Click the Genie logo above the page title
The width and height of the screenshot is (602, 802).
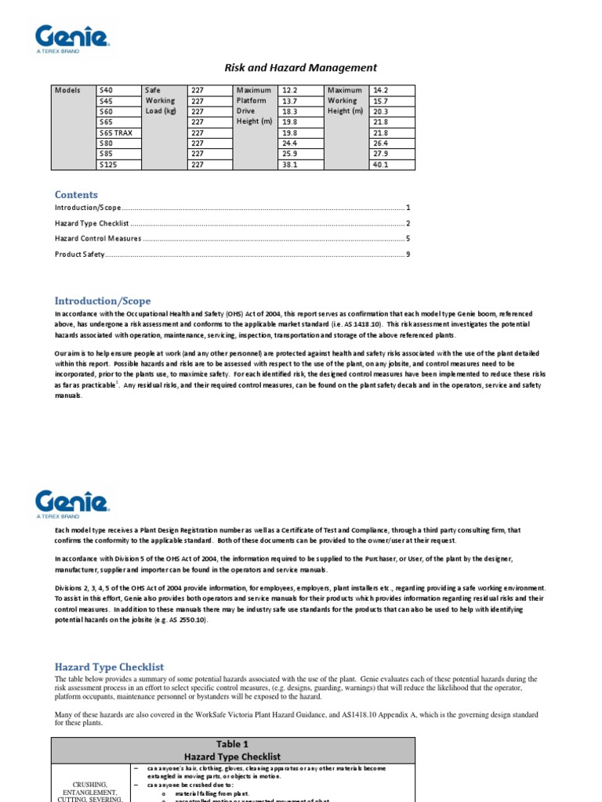(71, 38)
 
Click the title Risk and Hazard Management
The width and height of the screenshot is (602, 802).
(301, 68)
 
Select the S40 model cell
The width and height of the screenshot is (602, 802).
(106, 90)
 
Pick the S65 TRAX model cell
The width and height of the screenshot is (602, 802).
(114, 133)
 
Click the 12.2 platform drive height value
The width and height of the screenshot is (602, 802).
(289, 90)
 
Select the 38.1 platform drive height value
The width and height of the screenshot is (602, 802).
(289, 165)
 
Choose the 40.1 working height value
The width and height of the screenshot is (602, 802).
(381, 165)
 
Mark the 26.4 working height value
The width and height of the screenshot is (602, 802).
(381, 144)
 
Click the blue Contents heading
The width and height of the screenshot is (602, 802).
(76, 194)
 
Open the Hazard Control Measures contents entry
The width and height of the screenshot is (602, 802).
(98, 238)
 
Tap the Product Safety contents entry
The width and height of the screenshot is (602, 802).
(79, 254)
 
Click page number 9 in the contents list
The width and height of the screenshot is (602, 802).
(408, 254)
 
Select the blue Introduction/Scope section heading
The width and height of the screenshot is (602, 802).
(103, 301)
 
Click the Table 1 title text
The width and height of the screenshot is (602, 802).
(233, 744)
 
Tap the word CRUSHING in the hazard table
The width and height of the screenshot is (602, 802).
(89, 784)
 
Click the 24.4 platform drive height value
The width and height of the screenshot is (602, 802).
(289, 144)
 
